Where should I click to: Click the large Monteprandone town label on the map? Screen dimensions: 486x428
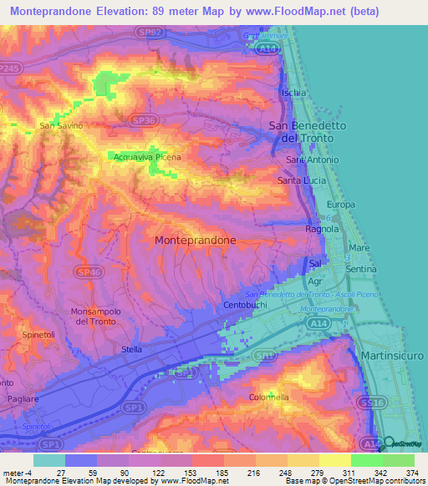(x=195, y=240)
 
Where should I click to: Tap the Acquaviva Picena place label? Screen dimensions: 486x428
(x=145, y=156)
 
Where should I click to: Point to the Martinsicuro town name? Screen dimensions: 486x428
(x=394, y=357)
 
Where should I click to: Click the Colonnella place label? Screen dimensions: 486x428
(x=268, y=397)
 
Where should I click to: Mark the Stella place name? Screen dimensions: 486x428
(x=132, y=349)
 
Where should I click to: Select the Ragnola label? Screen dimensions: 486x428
(x=322, y=228)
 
